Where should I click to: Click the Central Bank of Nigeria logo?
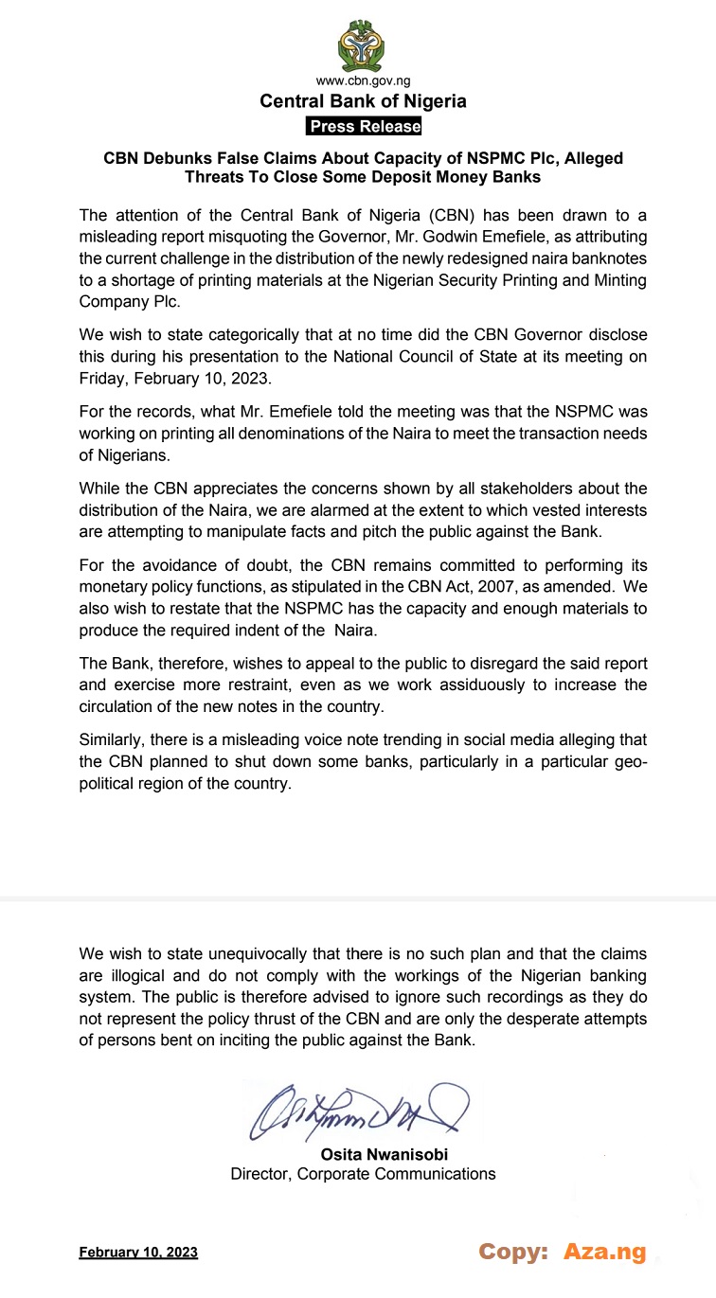(x=364, y=44)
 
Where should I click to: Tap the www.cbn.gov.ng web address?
(x=364, y=82)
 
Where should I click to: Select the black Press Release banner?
(x=364, y=127)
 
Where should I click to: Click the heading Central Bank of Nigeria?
(x=364, y=102)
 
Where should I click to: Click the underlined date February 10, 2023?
(x=138, y=1253)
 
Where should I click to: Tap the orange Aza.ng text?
(x=604, y=1252)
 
